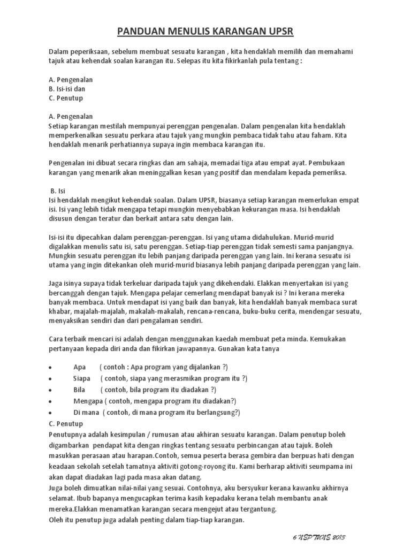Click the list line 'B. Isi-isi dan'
[x=67, y=89]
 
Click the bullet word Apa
[x=80, y=367]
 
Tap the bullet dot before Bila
[x=50, y=390]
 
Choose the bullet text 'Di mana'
[x=86, y=412]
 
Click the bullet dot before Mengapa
[x=50, y=401]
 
